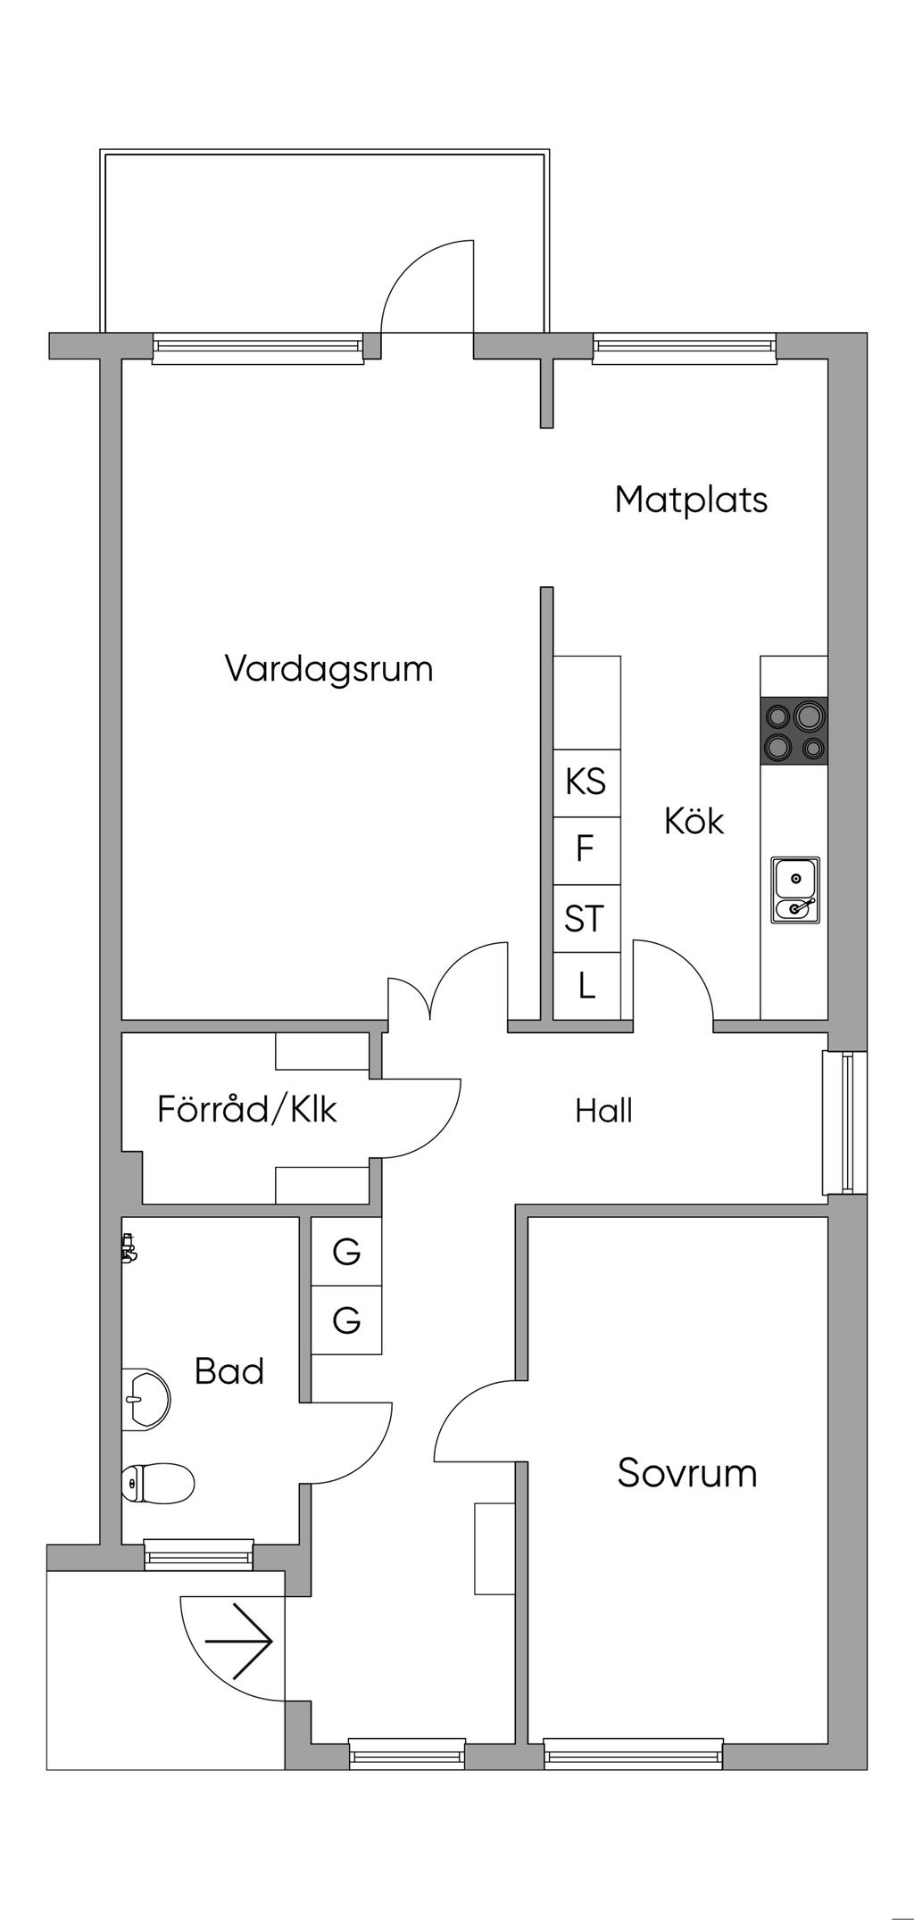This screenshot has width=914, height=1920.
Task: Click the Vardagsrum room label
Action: (328, 668)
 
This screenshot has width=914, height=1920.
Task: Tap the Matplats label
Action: (691, 500)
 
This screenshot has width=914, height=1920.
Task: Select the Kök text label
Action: (694, 821)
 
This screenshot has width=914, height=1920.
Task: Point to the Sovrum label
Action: (686, 1473)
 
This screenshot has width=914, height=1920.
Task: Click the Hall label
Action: (603, 1111)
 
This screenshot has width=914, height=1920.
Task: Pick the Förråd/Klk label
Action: (247, 1109)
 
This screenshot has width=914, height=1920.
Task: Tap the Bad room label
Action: (229, 1371)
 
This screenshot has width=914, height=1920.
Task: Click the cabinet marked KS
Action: (586, 782)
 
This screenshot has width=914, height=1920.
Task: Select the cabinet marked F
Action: (586, 849)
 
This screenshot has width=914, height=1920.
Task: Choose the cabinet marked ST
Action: (586, 918)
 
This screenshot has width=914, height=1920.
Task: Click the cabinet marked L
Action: (586, 986)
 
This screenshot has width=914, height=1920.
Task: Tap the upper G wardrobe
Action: (346, 1253)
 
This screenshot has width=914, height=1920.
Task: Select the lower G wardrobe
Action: (346, 1320)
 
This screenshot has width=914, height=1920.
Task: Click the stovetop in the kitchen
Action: (794, 730)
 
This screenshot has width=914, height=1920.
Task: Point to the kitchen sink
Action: (795, 890)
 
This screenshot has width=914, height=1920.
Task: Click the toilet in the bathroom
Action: (158, 1483)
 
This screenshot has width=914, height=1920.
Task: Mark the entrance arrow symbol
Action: (239, 1641)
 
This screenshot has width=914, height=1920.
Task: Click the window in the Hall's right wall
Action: (843, 1122)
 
